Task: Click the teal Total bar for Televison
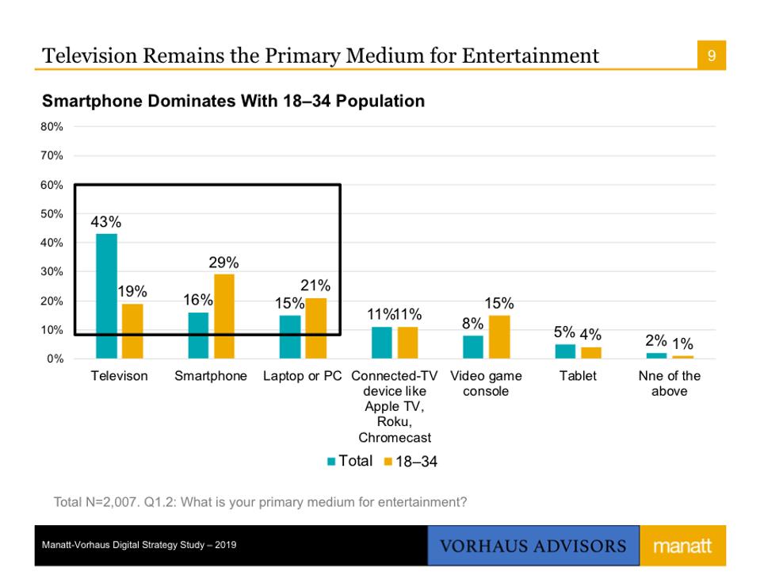pyautogui.click(x=106, y=296)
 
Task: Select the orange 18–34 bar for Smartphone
pyautogui.click(x=224, y=316)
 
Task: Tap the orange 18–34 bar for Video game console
pyautogui.click(x=499, y=336)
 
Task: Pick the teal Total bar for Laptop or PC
pyautogui.click(x=290, y=336)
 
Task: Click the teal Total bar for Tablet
pyautogui.click(x=565, y=351)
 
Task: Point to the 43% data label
pyautogui.click(x=106, y=223)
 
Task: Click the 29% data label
pyautogui.click(x=224, y=263)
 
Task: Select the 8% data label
pyautogui.click(x=473, y=324)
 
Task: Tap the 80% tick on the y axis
pyautogui.click(x=53, y=126)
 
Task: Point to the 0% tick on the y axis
pyautogui.click(x=55, y=359)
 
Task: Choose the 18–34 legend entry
pyautogui.click(x=410, y=462)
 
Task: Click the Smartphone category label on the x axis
pyautogui.click(x=211, y=376)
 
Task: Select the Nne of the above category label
pyautogui.click(x=670, y=383)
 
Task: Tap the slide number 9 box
pyautogui.click(x=712, y=56)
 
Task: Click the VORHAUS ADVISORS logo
pyautogui.click(x=533, y=547)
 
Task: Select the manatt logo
pyautogui.click(x=682, y=547)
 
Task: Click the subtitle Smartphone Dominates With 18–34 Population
pyautogui.click(x=233, y=102)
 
